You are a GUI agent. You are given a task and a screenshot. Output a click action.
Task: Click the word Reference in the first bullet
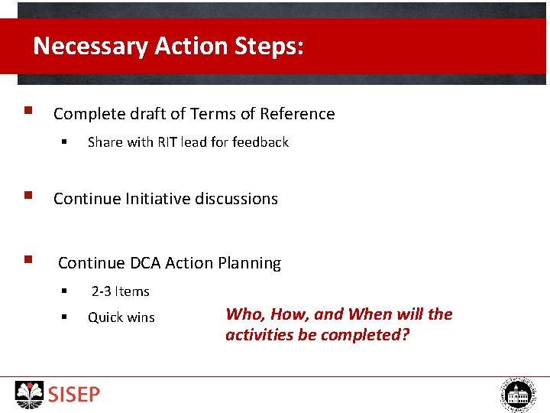[297, 114]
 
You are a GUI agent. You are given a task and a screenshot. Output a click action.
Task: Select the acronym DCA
[145, 263]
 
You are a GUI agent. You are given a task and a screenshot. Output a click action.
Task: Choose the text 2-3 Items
[121, 291]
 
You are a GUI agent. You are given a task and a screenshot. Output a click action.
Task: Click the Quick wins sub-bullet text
[121, 317]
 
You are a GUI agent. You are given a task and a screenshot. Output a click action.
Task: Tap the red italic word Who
[243, 314]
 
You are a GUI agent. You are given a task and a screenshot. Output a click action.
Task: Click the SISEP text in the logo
[74, 395]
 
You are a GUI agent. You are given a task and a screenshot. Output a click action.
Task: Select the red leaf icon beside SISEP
[31, 395]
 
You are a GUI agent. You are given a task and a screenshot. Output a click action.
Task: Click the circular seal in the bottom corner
[519, 395]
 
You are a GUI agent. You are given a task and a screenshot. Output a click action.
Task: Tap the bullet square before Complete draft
[27, 112]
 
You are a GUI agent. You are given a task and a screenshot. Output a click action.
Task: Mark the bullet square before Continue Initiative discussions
[27, 197]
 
